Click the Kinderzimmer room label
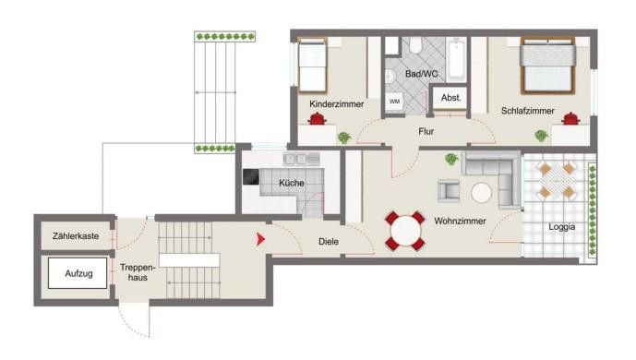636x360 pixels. tap(336, 104)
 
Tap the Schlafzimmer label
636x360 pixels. tap(527, 111)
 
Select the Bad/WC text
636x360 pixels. tap(422, 74)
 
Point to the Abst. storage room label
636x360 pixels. tap(451, 98)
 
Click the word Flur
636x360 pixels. tap(426, 131)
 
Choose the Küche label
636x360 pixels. tap(292, 183)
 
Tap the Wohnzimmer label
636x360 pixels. tap(460, 221)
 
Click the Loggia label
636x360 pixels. tap(562, 227)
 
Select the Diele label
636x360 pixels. tap(329, 242)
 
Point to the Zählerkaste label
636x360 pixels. tap(76, 236)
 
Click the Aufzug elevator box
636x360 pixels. tap(78, 273)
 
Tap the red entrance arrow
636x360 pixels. tap(260, 239)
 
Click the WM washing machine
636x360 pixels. tap(395, 102)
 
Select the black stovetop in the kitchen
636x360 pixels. tap(251, 177)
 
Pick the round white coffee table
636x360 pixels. tap(482, 193)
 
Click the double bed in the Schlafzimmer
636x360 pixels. tap(548, 66)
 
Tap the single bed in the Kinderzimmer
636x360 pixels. tap(312, 66)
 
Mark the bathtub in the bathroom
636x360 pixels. tap(456, 58)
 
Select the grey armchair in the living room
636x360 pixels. tap(449, 191)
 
